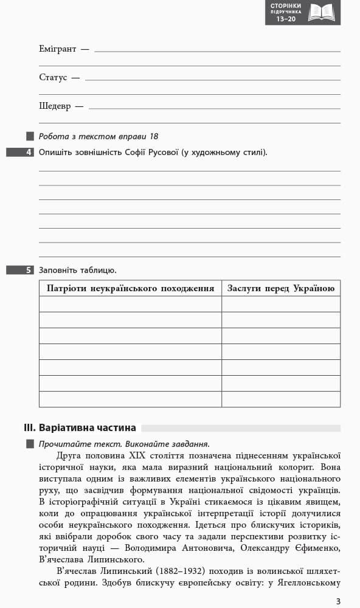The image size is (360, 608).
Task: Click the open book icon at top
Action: pyautogui.click(x=322, y=12)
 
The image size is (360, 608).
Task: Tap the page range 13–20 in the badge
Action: pyautogui.click(x=285, y=19)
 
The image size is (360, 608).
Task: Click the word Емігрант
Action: pyautogui.click(x=57, y=49)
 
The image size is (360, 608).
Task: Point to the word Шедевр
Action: pyautogui.click(x=55, y=106)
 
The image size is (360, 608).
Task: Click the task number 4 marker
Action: pyautogui.click(x=29, y=153)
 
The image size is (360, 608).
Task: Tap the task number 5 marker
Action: pyautogui.click(x=29, y=270)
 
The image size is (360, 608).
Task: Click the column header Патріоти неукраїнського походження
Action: pyautogui.click(x=130, y=288)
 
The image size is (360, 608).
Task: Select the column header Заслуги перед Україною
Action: pyautogui.click(x=281, y=288)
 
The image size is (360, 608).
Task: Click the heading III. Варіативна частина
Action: pyautogui.click(x=80, y=427)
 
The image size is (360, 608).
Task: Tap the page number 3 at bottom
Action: pyautogui.click(x=338, y=601)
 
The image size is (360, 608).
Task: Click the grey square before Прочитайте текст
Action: pyautogui.click(x=30, y=444)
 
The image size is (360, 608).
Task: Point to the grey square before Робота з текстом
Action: pyautogui.click(x=30, y=137)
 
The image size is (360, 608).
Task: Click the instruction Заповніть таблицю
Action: pyautogui.click(x=77, y=270)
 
